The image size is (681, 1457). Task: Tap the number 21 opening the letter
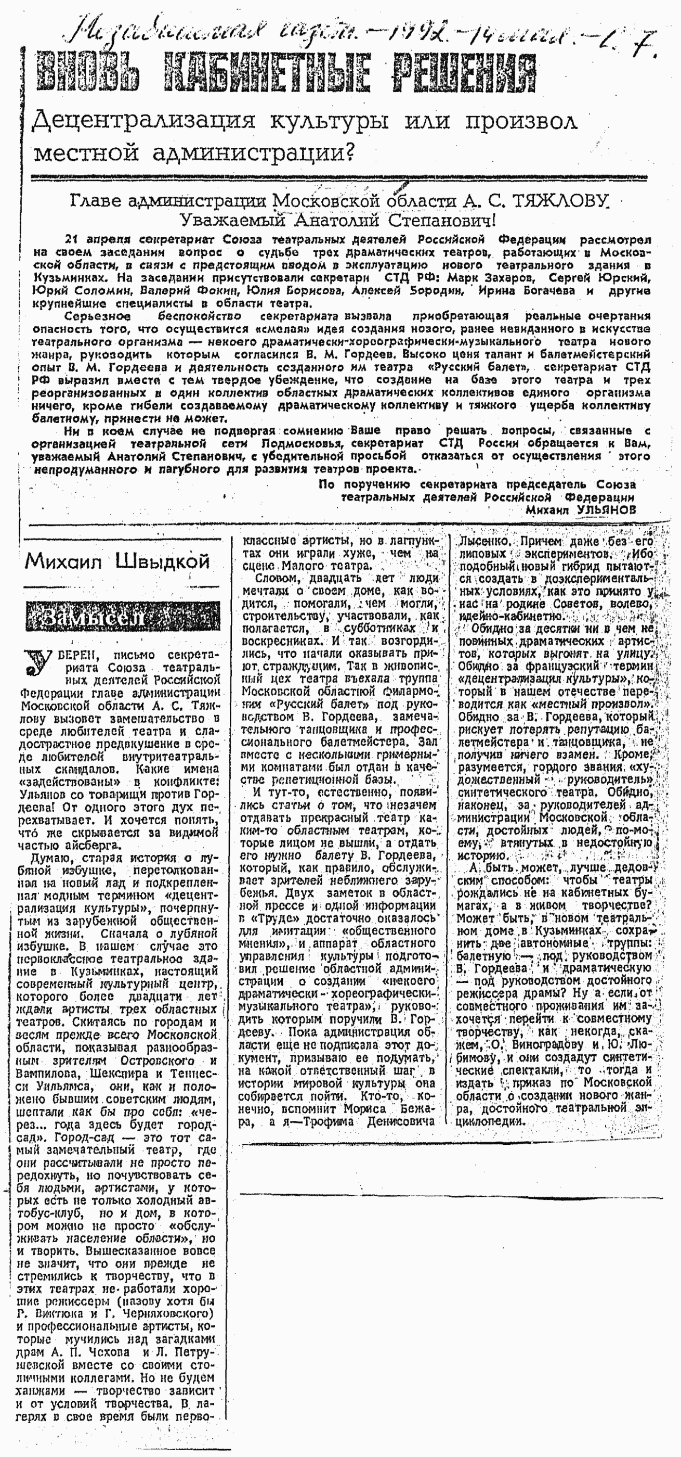coord(72,240)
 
